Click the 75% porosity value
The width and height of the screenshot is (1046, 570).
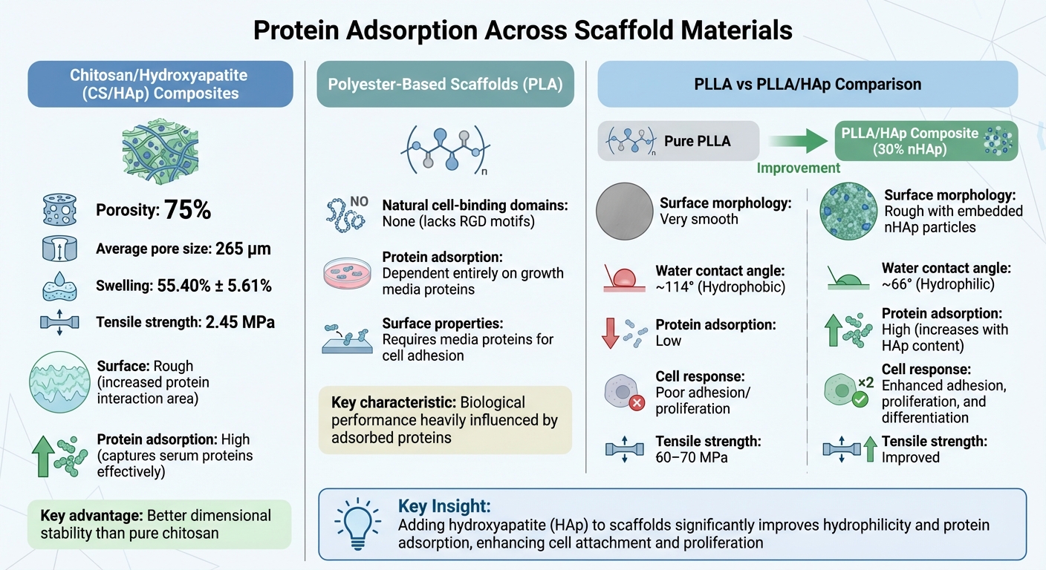click(187, 211)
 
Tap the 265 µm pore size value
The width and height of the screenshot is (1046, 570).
click(243, 249)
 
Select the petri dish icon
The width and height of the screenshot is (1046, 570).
click(348, 272)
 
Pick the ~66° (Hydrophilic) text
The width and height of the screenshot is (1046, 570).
click(938, 284)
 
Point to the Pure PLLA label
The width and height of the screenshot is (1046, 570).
click(697, 140)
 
